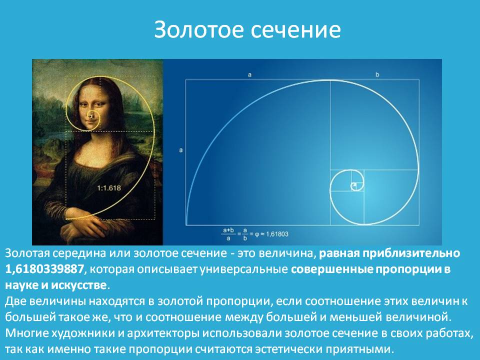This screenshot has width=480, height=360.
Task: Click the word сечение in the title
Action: (295, 30)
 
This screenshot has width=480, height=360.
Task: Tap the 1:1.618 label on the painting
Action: (109, 188)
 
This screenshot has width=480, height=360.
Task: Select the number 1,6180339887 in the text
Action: (44, 269)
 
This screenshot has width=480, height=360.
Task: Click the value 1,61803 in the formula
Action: (277, 234)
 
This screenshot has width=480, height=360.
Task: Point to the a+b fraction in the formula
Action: (228, 234)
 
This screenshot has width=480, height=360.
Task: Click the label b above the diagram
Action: (377, 74)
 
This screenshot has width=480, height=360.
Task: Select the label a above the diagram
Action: (249, 74)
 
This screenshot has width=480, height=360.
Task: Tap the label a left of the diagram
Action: (181, 150)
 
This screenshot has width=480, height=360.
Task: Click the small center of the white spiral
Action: (354, 185)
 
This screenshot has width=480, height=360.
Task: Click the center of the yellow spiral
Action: (91, 116)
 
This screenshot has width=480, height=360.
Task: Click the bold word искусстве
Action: (78, 285)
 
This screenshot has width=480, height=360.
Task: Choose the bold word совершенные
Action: (332, 269)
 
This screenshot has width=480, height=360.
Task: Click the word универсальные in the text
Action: (243, 269)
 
